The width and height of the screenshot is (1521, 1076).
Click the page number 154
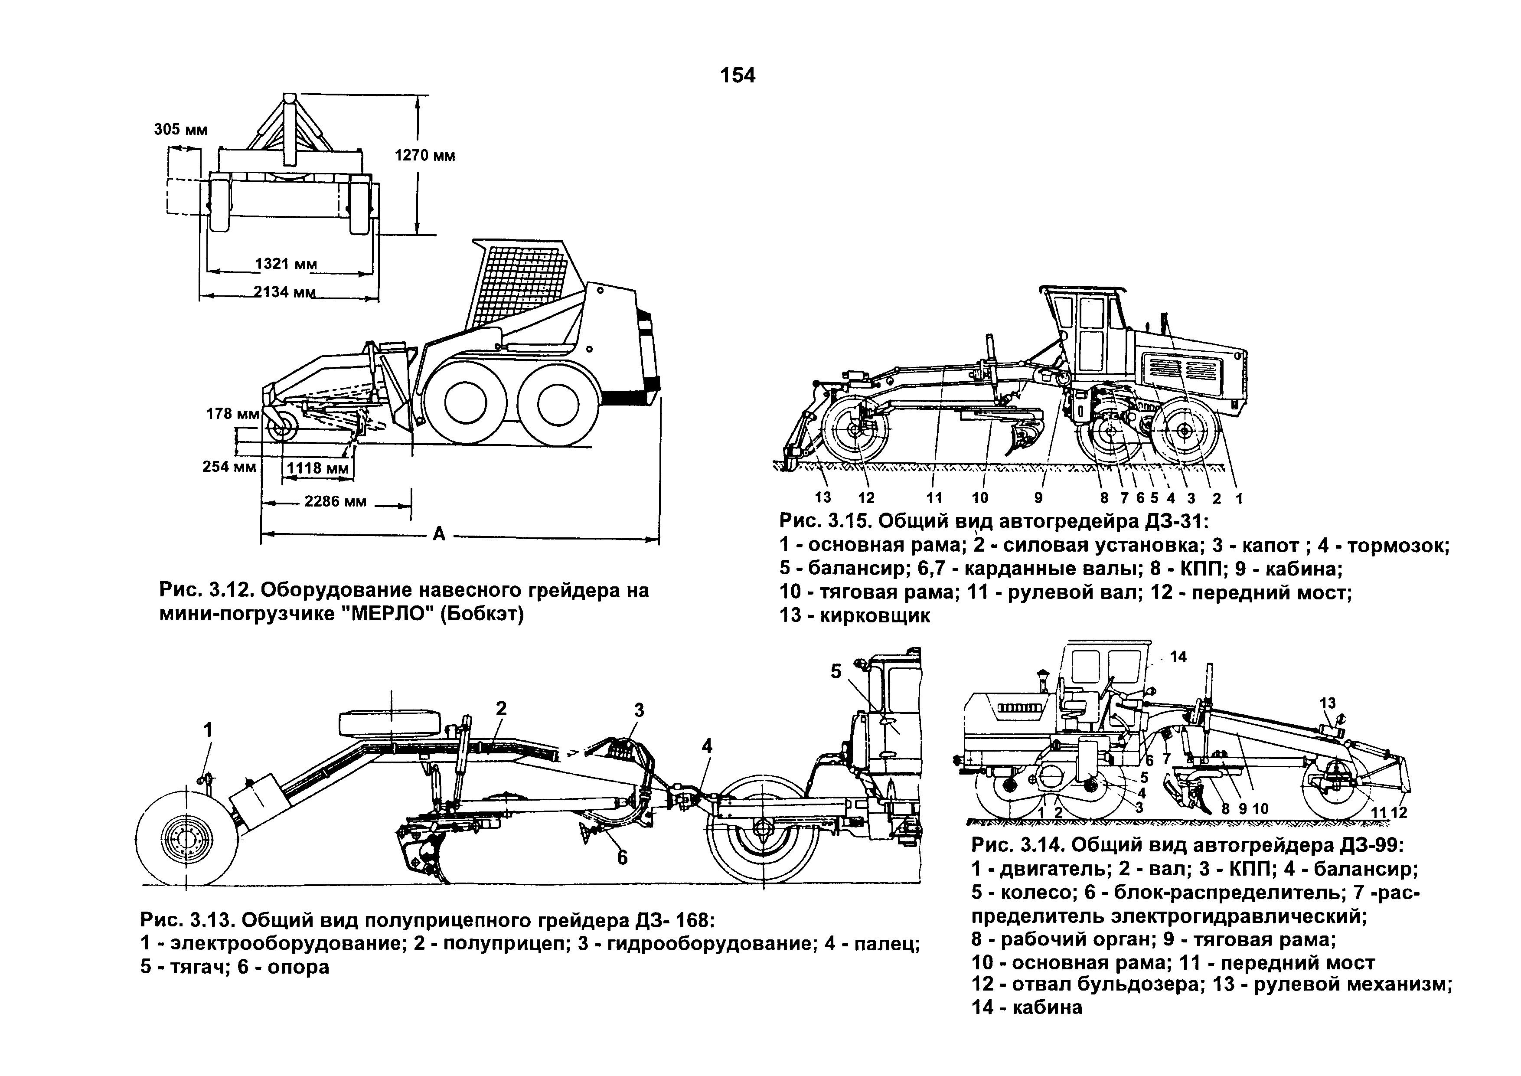[738, 75]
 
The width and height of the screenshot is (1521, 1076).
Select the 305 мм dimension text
[181, 129]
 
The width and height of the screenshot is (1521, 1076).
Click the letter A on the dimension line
[438, 533]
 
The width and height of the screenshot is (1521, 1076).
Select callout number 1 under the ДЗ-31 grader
[1239, 497]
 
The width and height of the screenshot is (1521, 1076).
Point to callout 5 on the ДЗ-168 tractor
[836, 672]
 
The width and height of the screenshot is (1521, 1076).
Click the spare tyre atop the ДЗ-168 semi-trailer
[389, 723]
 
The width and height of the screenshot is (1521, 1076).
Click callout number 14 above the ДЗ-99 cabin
[1178, 657]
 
